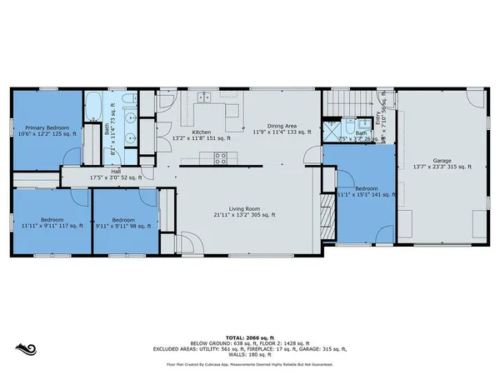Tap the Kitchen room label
click(x=201, y=132)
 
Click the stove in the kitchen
click(x=221, y=157)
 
